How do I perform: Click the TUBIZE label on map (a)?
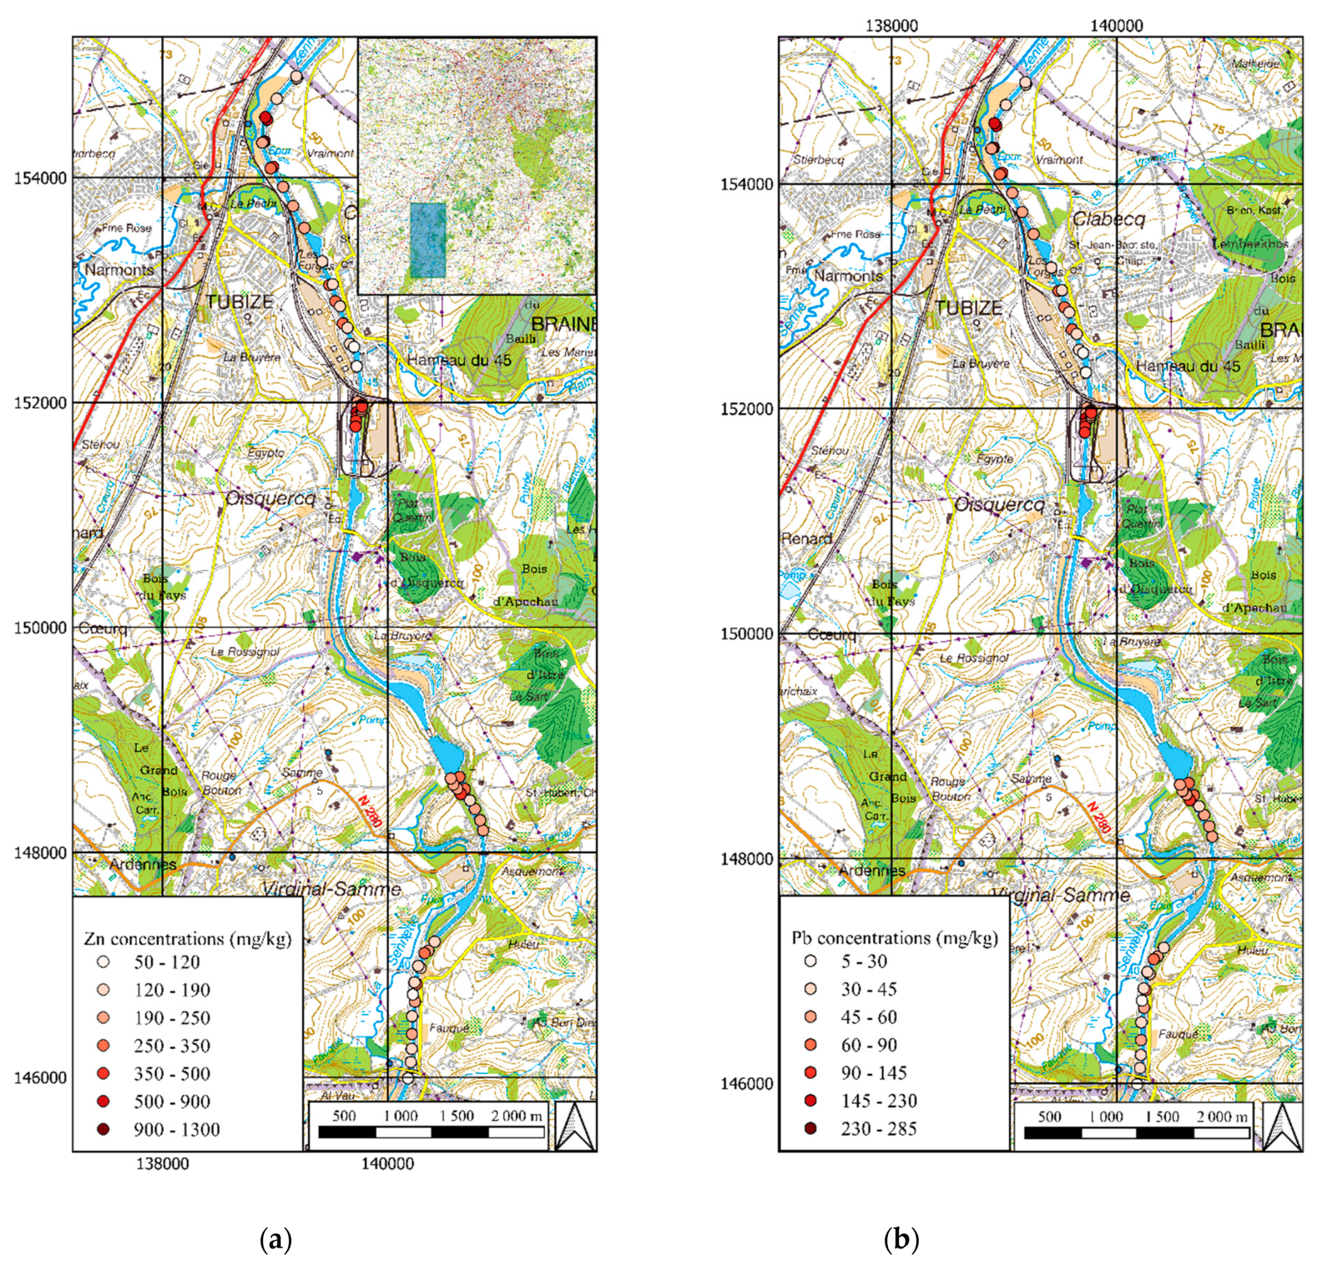(x=239, y=301)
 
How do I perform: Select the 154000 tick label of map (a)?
(x=42, y=178)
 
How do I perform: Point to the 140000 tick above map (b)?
(x=1116, y=26)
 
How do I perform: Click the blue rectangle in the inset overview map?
(x=428, y=240)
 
